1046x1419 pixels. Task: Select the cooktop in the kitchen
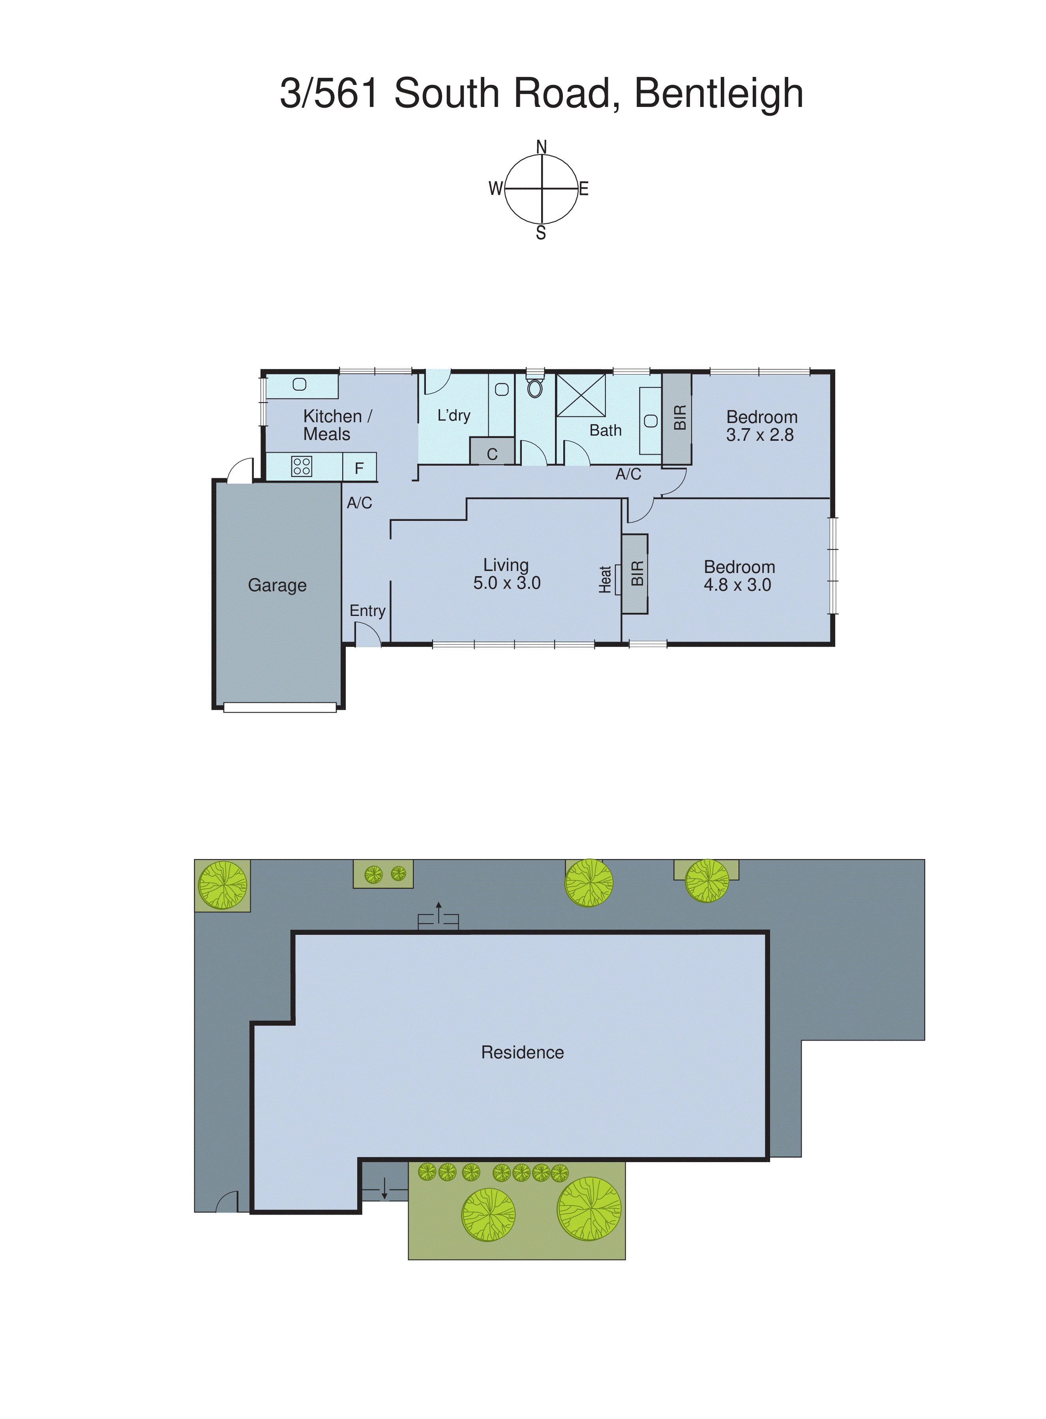tap(302, 466)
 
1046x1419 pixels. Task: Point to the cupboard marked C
tap(492, 453)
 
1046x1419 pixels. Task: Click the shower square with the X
tap(581, 395)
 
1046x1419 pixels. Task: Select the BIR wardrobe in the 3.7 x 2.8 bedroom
tap(677, 418)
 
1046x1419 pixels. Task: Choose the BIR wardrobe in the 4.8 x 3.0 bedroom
tap(635, 573)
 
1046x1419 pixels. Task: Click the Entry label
tap(367, 611)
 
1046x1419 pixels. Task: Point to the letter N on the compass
tap(542, 147)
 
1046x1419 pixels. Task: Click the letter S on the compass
tap(541, 234)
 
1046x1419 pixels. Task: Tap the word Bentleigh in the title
tap(719, 93)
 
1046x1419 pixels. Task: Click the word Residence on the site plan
tap(522, 1052)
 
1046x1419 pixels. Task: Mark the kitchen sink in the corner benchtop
tap(300, 384)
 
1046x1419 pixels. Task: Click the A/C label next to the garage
tap(359, 503)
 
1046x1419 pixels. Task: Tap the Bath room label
tap(605, 431)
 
